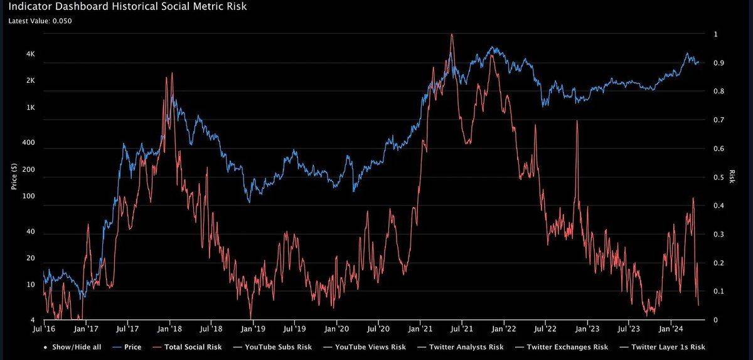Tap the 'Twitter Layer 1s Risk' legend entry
coord(669,347)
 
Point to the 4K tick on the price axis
coord(30,55)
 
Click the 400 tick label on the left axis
coord(29,144)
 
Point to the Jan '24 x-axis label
coord(671,328)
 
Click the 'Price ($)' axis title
coord(13,177)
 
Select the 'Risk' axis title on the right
coord(732,177)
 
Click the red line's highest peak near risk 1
coord(452,35)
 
